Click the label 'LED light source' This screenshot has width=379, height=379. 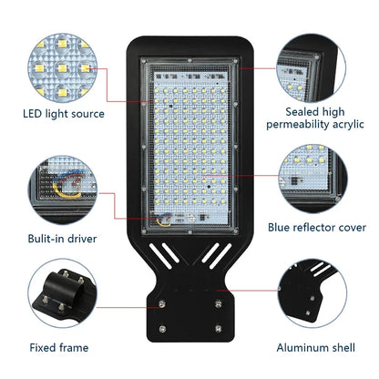[64, 114]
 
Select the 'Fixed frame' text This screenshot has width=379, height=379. [58, 348]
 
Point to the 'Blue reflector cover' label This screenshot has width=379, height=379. [317, 227]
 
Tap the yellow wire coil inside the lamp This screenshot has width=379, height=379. [165, 220]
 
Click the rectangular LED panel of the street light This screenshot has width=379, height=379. [189, 146]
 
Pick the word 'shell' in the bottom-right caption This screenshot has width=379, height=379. [343, 348]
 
